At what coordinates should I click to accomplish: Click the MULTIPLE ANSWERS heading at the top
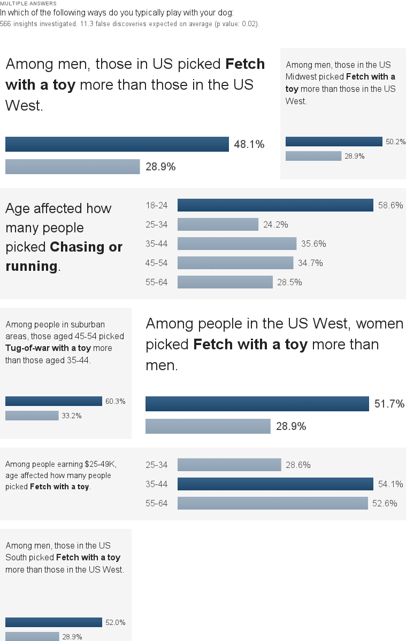tap(28, 4)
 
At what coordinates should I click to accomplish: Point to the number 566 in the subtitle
tap(6, 24)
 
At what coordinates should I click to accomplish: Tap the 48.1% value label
tap(249, 144)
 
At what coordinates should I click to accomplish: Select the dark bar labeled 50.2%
tap(334, 142)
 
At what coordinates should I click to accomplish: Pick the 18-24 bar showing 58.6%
tap(275, 205)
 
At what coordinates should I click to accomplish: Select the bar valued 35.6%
tap(236, 244)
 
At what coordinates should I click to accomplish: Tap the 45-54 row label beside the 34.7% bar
tap(156, 263)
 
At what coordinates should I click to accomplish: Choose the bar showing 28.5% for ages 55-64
tap(225, 282)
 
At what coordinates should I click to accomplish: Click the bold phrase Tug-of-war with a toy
tap(48, 348)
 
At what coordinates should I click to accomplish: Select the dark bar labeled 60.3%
tap(53, 401)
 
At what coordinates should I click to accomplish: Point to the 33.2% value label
tap(72, 416)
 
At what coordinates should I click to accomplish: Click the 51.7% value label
tap(389, 404)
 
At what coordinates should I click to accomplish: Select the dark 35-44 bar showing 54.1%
tap(275, 484)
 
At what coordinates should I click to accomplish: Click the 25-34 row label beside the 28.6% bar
tap(156, 465)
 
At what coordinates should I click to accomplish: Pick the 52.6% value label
tap(385, 503)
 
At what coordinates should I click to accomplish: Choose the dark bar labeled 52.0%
tap(53, 622)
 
